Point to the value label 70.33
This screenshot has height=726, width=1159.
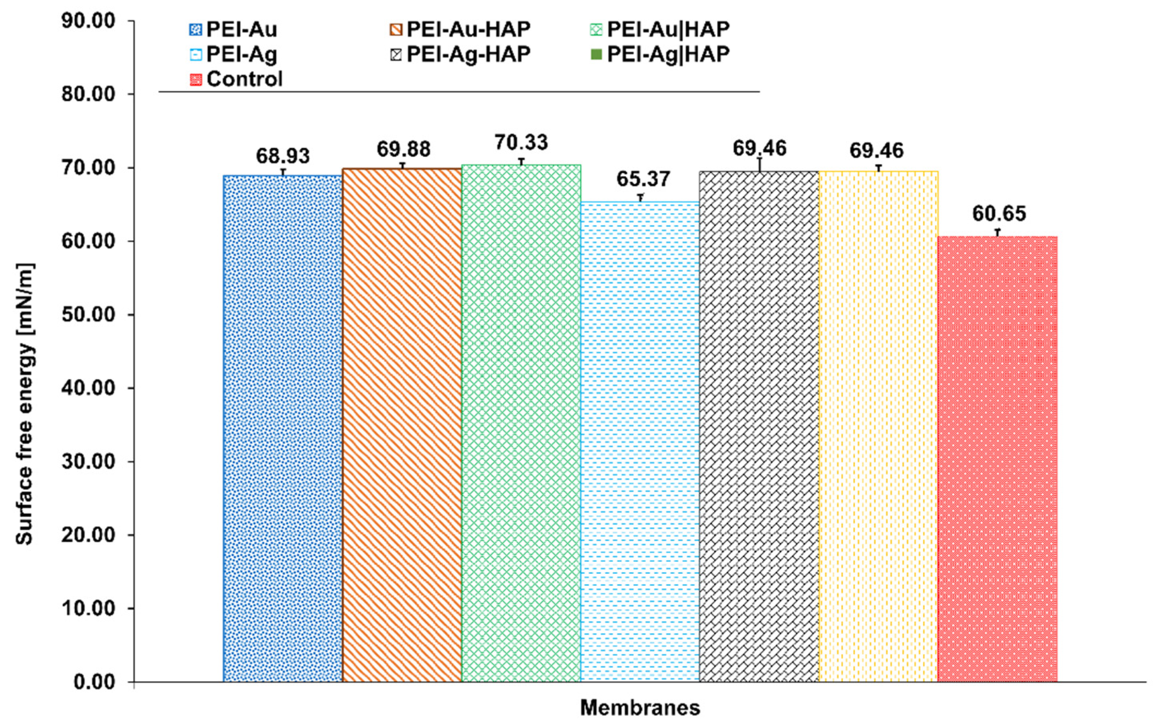tap(521, 143)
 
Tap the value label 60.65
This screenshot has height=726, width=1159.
tap(999, 214)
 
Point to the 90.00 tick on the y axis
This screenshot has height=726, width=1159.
tap(88, 21)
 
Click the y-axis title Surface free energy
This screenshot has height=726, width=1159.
tap(25, 403)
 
